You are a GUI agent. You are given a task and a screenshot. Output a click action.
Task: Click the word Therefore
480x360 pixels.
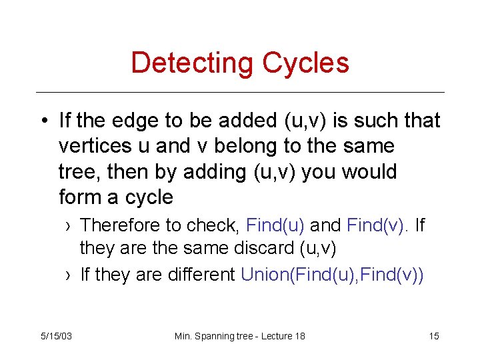click(117, 225)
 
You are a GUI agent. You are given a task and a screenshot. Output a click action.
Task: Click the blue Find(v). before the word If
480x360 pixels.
click(373, 225)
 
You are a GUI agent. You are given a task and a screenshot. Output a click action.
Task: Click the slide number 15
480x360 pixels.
click(433, 336)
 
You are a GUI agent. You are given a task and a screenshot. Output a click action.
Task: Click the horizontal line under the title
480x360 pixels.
click(240, 92)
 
